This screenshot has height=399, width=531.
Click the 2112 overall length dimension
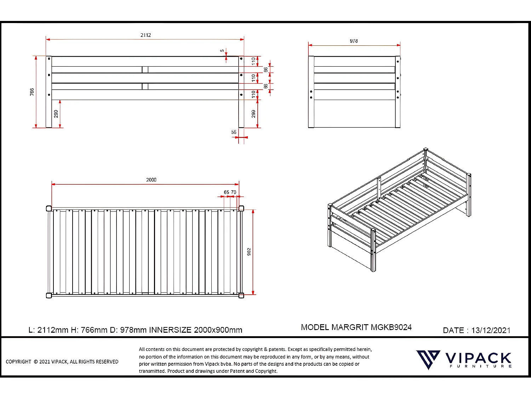pyautogui.click(x=145, y=35)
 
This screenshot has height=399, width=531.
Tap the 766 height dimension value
pyautogui.click(x=32, y=92)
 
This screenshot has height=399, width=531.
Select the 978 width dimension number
pyautogui.click(x=354, y=41)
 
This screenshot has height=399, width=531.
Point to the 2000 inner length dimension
pyautogui.click(x=151, y=180)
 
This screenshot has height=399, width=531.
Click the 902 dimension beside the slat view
pyautogui.click(x=249, y=252)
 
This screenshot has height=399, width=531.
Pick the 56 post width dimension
pyautogui.click(x=234, y=132)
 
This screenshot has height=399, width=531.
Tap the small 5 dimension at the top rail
pyautogui.click(x=222, y=51)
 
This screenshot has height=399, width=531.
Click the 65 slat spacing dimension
pyautogui.click(x=227, y=192)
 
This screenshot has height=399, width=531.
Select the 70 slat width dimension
pyautogui.click(x=234, y=192)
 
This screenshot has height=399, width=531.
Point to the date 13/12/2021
pyautogui.click(x=491, y=331)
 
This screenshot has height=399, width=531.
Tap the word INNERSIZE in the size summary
pyautogui.click(x=170, y=330)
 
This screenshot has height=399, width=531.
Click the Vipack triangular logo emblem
pyautogui.click(x=428, y=359)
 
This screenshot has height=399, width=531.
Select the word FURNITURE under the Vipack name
pyautogui.click(x=480, y=366)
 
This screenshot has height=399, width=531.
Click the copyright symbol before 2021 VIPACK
pyautogui.click(x=35, y=362)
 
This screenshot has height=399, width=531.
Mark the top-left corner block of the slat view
pyautogui.click(x=49, y=208)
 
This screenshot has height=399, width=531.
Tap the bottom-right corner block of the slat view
pyautogui.click(x=241, y=295)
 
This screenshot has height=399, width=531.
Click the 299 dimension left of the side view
pyautogui.click(x=56, y=114)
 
